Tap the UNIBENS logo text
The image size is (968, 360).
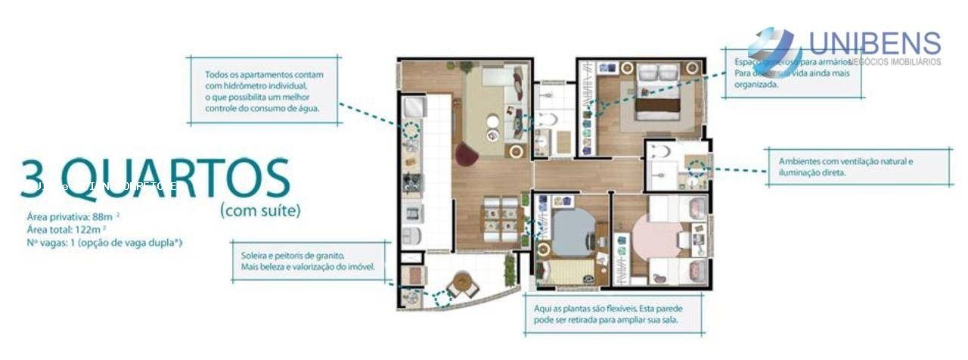click(874, 44)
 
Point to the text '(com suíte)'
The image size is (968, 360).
click(260, 210)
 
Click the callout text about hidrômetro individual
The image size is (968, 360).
click(263, 92)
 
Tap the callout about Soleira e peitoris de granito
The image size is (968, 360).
click(309, 262)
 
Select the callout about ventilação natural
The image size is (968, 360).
click(845, 166)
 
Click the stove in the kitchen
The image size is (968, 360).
click(412, 184)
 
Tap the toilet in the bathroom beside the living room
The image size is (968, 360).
click(547, 119)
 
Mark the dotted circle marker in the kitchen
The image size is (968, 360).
click(411, 130)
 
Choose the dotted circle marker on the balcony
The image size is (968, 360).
click(442, 299)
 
